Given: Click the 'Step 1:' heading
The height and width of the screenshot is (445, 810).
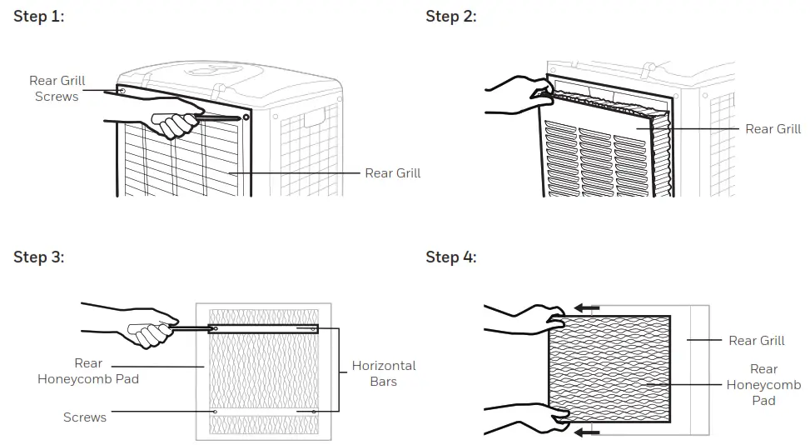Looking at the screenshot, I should [38, 17].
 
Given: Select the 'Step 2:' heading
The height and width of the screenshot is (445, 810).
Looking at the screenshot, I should [450, 17].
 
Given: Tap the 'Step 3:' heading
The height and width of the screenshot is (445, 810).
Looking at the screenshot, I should [38, 257].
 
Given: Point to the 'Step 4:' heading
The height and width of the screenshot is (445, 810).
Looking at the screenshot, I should [450, 257].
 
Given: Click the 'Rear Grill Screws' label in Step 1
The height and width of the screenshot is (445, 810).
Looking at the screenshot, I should [57, 88].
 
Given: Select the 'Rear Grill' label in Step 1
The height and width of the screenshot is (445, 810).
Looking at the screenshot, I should [392, 173].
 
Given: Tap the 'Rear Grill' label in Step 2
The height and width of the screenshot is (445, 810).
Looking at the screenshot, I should [773, 128].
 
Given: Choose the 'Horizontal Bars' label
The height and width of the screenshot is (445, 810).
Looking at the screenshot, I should [383, 373].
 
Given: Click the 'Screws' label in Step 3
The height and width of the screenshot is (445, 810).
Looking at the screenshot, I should [85, 417].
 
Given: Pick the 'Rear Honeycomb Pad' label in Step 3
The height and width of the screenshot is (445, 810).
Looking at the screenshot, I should [87, 371].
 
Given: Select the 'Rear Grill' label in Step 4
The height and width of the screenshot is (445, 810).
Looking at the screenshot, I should [756, 340].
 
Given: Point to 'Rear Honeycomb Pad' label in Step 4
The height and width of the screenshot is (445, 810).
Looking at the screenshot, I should [763, 384].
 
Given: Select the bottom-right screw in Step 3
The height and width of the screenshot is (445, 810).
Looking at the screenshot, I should [313, 411].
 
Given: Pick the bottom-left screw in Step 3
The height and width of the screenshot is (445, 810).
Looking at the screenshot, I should [215, 411].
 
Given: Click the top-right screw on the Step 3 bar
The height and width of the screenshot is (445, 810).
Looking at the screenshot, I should [313, 329].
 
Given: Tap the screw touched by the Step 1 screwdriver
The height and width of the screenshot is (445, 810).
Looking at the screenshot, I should [246, 117].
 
